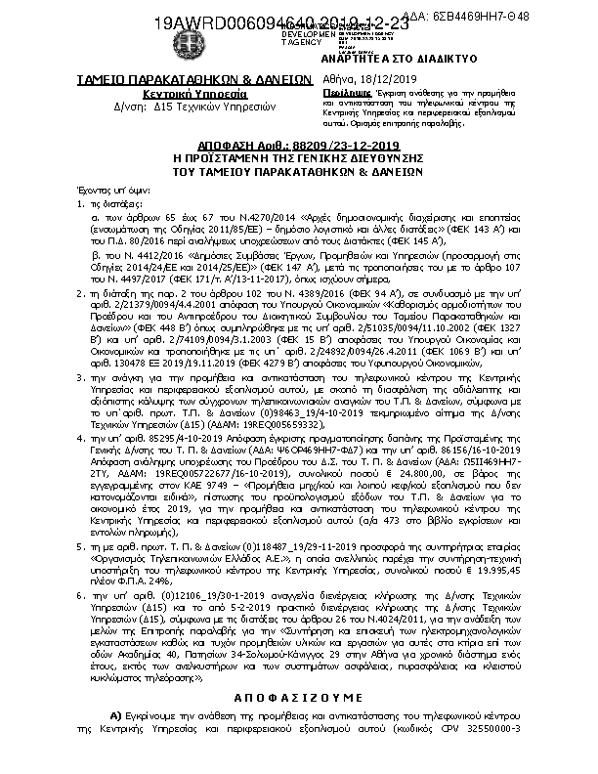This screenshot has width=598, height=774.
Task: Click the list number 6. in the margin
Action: point(79,593)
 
